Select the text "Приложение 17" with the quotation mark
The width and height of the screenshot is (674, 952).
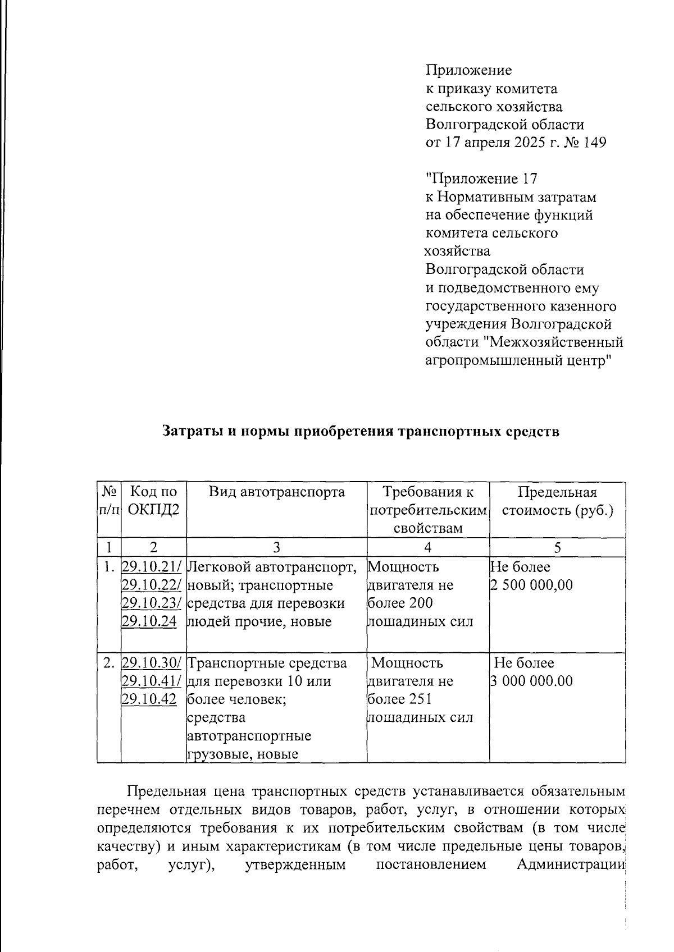click(x=481, y=179)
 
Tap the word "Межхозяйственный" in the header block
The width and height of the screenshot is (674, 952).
click(x=553, y=342)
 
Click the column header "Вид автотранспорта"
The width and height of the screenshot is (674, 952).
click(x=276, y=492)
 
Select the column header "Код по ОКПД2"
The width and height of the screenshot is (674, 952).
click(x=153, y=501)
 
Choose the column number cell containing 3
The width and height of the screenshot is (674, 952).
click(x=276, y=547)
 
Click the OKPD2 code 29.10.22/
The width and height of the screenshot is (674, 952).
click(x=151, y=585)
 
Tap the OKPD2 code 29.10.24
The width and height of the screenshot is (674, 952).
click(x=149, y=621)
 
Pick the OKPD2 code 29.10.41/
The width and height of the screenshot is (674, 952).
click(x=151, y=681)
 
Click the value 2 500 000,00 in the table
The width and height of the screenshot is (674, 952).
click(x=531, y=585)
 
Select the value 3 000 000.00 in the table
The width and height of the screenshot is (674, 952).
click(x=531, y=681)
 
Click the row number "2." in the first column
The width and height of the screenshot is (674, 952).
click(x=109, y=663)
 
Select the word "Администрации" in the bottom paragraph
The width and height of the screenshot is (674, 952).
click(x=570, y=864)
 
